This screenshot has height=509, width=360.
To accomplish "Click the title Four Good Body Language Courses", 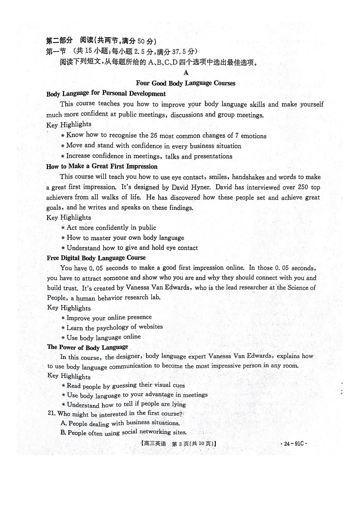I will (x=185, y=83).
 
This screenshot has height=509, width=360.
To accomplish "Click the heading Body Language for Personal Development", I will (x=106, y=94).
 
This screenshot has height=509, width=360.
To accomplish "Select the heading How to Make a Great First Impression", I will (x=102, y=166).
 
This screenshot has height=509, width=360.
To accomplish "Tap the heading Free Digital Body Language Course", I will (x=96, y=258).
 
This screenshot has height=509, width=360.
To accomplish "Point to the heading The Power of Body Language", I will (x=88, y=347).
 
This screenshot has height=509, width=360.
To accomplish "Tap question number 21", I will (x=50, y=414).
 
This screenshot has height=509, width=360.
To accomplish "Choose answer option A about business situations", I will (x=120, y=423).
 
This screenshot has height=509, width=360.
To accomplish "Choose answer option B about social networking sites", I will (x=123, y=432).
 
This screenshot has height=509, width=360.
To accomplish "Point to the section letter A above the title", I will (x=185, y=73).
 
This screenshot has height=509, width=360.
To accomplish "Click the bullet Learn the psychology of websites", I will (x=114, y=327).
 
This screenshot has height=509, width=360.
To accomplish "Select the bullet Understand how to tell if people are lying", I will (x=126, y=404).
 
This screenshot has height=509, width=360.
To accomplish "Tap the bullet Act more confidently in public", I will (x=111, y=228).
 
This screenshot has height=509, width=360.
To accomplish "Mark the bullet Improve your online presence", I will (x=109, y=318).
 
